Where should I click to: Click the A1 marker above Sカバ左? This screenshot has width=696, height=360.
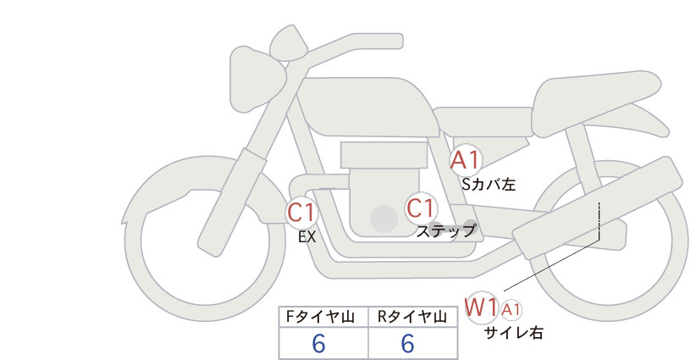(465, 160)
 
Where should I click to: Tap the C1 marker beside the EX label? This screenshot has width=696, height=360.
(301, 212)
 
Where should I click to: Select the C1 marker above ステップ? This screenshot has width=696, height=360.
(421, 208)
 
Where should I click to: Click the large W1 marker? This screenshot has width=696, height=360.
(481, 307)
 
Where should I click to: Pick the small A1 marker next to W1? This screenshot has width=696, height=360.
(511, 310)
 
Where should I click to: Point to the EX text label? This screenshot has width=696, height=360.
(307, 237)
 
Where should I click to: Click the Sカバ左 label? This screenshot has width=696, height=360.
(489, 184)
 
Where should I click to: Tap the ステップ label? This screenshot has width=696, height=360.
(445, 231)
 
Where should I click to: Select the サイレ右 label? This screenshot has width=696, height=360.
(514, 333)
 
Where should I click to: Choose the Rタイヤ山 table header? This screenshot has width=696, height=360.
(412, 317)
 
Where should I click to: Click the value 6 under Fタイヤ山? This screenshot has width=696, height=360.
(318, 344)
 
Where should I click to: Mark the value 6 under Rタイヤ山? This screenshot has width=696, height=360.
(407, 344)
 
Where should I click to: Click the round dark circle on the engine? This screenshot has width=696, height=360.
(384, 219)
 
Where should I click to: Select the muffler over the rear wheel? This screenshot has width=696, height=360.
(597, 208)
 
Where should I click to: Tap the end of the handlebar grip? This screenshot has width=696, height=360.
(401, 41)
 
